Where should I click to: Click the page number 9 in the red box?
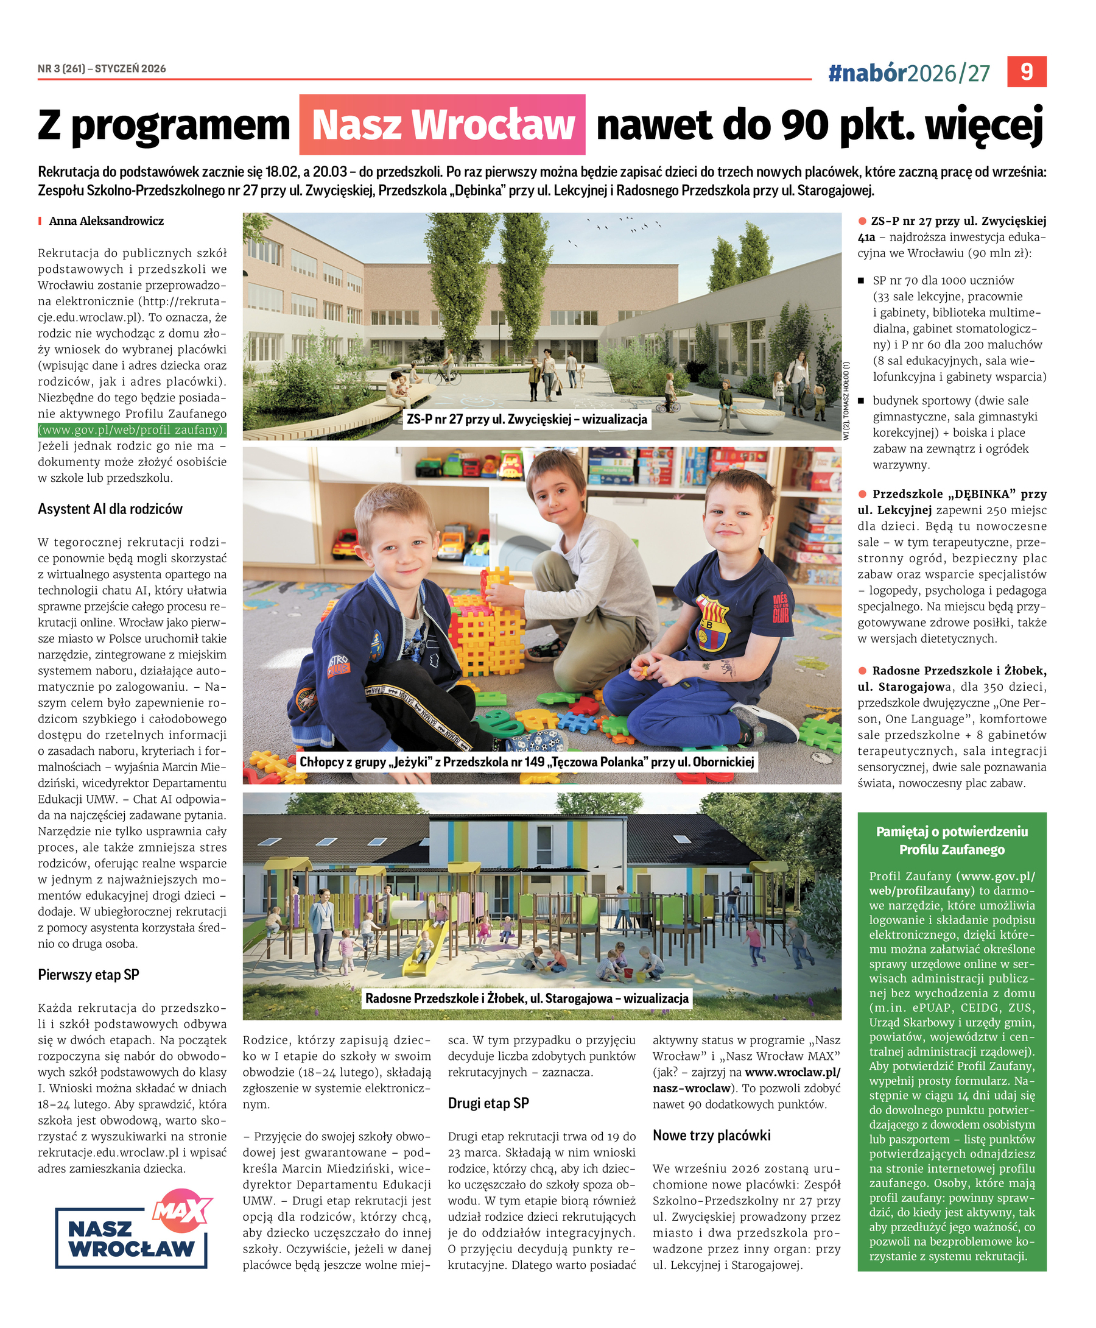point(1026,72)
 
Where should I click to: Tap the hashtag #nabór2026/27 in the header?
point(908,74)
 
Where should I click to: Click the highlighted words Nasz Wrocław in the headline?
point(442,125)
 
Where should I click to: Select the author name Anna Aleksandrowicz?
point(106,221)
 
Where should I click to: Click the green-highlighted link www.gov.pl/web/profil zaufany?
point(132,430)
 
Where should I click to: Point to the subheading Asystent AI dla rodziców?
point(110,509)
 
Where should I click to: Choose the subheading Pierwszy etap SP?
point(88,974)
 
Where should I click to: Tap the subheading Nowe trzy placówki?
point(712,1136)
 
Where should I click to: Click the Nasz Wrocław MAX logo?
point(132,1228)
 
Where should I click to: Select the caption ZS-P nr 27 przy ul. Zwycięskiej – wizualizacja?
point(527,419)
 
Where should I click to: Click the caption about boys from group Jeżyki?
point(527,762)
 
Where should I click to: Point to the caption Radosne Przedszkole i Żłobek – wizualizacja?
point(527,998)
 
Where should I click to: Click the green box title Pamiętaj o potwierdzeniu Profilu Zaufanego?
point(952,841)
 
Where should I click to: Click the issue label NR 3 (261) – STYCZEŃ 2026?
point(102,69)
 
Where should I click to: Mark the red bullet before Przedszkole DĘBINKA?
point(862,494)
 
